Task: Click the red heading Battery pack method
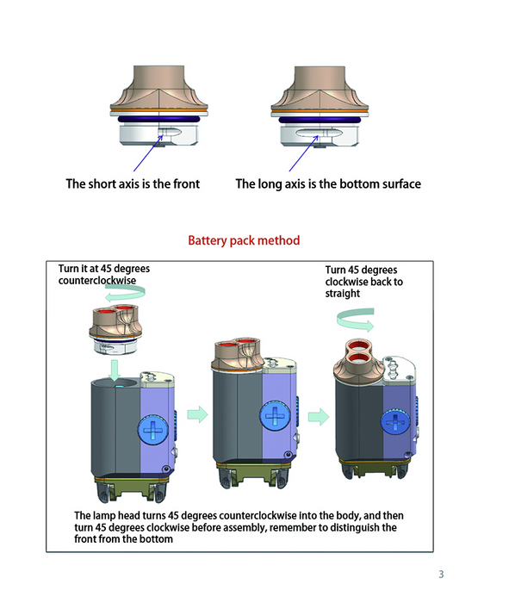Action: click(244, 240)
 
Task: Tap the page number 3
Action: click(441, 575)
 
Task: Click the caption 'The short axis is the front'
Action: click(133, 183)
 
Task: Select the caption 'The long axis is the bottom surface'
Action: click(328, 183)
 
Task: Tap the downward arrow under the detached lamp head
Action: click(115, 370)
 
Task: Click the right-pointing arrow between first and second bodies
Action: click(197, 414)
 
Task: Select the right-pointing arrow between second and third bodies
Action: click(319, 416)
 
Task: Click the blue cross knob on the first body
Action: click(153, 430)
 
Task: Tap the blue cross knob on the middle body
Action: click(275, 416)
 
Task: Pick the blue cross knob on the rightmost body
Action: click(395, 422)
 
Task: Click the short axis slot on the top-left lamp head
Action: click(170, 132)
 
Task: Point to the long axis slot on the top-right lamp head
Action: click(319, 133)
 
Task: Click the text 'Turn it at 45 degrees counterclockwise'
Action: click(104, 274)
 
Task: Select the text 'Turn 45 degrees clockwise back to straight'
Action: click(364, 282)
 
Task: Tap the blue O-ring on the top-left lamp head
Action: click(159, 119)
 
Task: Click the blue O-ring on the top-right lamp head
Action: click(320, 120)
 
